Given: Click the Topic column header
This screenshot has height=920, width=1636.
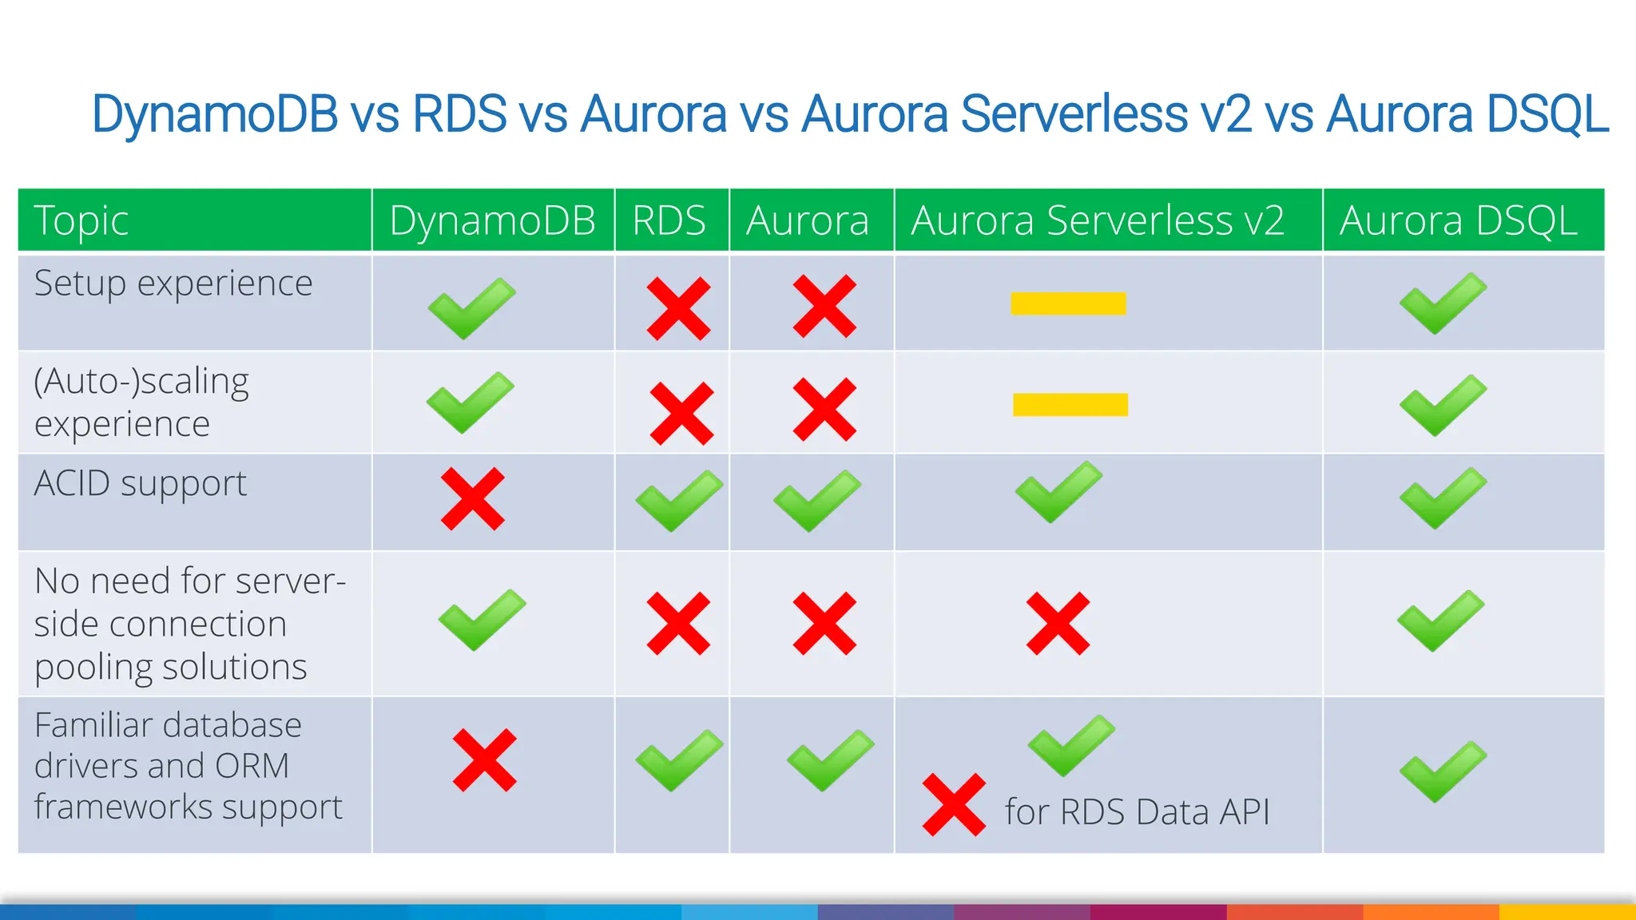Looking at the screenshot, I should click(x=81, y=220).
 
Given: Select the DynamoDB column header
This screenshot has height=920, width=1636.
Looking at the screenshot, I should click(x=492, y=220).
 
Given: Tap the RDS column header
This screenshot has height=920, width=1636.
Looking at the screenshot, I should click(x=669, y=220).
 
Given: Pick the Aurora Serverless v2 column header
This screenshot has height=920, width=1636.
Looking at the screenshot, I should click(x=1098, y=220).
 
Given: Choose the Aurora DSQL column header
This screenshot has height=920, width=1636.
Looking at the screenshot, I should click(x=1459, y=220).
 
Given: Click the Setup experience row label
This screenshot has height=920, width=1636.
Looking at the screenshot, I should click(x=173, y=284).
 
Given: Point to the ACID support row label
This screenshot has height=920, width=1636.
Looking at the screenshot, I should click(x=141, y=484).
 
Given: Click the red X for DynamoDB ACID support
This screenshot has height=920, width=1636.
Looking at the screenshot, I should click(x=473, y=499).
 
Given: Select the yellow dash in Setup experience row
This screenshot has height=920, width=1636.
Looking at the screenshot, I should click(x=1068, y=303).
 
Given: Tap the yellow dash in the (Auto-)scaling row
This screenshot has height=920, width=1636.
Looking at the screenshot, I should click(x=1070, y=405).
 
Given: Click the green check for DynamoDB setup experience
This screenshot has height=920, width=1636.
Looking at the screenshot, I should click(x=471, y=307).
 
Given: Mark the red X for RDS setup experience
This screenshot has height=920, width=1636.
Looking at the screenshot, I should click(x=678, y=308).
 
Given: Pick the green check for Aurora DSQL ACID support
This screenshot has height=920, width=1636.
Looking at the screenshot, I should click(x=1443, y=498).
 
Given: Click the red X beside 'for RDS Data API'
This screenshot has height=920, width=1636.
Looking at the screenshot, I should click(x=954, y=805).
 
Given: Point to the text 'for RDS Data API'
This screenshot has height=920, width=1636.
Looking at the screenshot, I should click(x=1137, y=812).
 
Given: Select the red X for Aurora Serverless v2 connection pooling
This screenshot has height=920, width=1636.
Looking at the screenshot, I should click(x=1058, y=624).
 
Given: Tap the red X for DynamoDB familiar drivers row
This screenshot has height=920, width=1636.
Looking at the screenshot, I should click(x=484, y=760).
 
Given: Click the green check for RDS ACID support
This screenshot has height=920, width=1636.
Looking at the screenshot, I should click(x=679, y=501).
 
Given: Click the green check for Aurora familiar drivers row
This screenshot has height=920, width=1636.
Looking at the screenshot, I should click(x=830, y=759).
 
